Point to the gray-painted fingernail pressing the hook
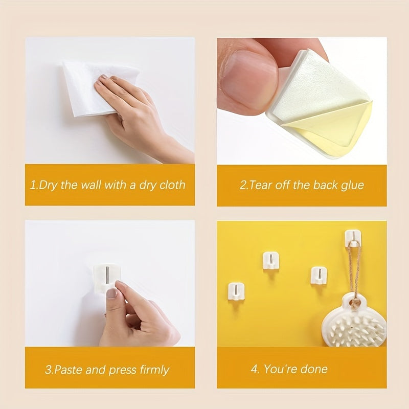coord(111,293)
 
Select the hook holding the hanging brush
coord(352,238)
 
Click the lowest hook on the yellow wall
coord(236,290)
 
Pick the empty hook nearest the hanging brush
coord(318,275)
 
